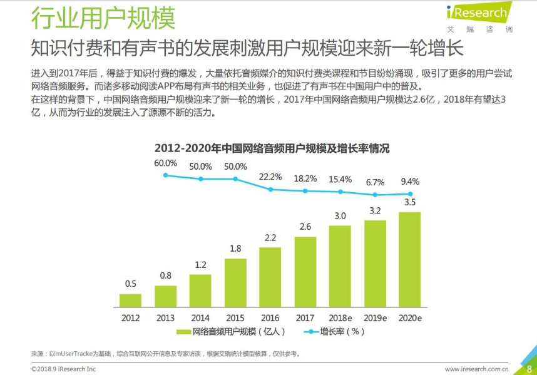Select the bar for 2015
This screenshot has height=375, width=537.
(235, 281)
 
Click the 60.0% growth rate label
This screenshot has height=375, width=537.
(166, 163)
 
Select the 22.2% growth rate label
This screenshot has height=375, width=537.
(270, 177)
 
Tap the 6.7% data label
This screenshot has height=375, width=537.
(375, 182)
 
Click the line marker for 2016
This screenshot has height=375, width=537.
(270, 189)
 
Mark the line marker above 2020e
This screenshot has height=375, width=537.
(410, 194)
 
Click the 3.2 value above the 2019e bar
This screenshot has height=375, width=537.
(375, 210)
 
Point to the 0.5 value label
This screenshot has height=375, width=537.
(130, 284)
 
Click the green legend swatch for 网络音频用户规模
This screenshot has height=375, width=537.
(183, 331)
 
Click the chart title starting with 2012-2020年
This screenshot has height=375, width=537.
(272, 148)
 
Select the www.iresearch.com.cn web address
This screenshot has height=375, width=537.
(476, 369)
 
